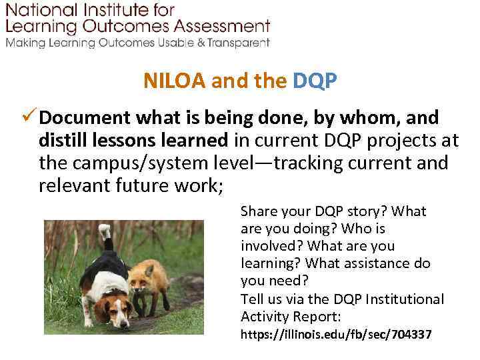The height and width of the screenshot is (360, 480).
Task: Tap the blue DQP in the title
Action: (x=315, y=81)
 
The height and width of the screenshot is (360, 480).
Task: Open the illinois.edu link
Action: (x=336, y=333)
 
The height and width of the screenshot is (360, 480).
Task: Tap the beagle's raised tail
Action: (x=105, y=233)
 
